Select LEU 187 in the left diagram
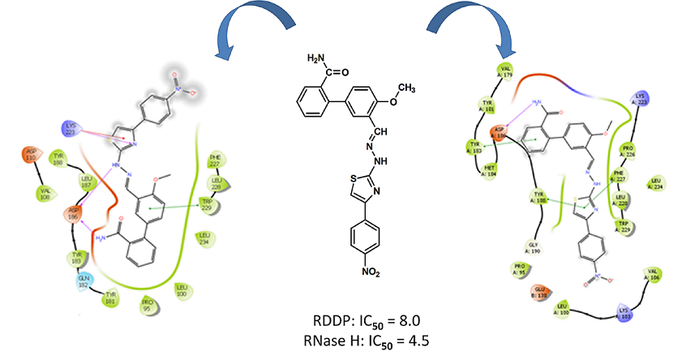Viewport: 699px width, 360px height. pos(86,178)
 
